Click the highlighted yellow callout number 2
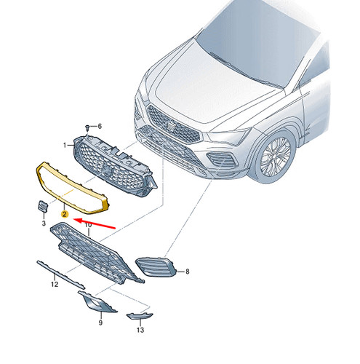65,214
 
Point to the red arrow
94,223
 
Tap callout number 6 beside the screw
99,126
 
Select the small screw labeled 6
87,127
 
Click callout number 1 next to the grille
65,145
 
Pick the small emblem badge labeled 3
43,207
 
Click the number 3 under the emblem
44,223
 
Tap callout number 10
88,225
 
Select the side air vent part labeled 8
156,267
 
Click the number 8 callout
187,272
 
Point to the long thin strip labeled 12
60,274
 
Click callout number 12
55,284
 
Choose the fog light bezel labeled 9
97,302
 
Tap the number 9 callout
100,323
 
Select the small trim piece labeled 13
140,316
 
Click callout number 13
140,330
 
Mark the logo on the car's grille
171,126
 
